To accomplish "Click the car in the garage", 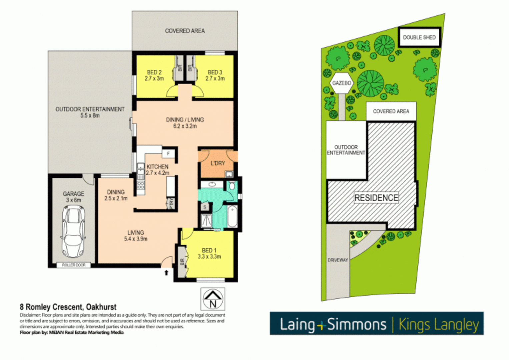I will point(73,231).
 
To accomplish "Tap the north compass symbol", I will point(213,299).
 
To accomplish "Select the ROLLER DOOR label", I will point(74,265).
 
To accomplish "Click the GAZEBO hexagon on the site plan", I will point(342,83).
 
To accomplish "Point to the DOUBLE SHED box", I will point(419,37).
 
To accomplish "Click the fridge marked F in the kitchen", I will point(168,154).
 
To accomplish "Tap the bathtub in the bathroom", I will point(232,216).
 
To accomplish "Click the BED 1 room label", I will point(209,253).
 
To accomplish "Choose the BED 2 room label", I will point(154,75).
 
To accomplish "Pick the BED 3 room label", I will point(215,75).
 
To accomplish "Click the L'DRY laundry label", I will point(218,163).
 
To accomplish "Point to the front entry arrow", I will point(166,273).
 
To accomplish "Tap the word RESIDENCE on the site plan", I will point(376,198).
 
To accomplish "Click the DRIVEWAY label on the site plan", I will point(338,260).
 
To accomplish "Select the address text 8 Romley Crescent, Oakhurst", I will point(68,307).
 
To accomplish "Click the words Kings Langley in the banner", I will point(438,324).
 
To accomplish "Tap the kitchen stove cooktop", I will point(141,185).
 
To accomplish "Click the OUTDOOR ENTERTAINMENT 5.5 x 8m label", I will point(90,112).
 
